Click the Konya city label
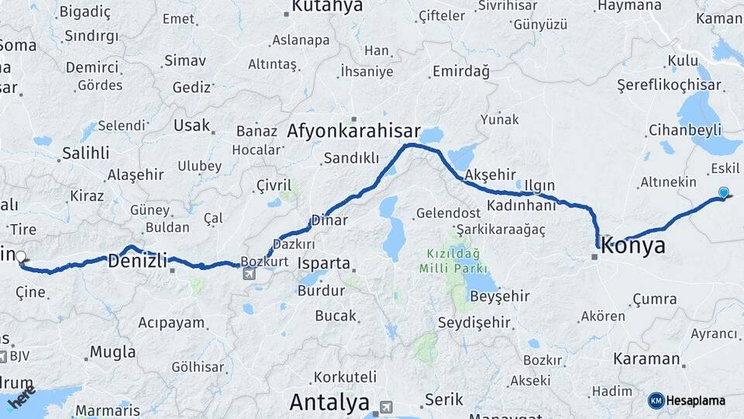633,246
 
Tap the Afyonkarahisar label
353,131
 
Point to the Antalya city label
329,402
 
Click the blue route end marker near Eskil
724,192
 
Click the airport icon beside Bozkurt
248,273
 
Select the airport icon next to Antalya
386,407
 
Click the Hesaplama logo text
696,400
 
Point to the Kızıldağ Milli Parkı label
452,261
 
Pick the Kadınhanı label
522,206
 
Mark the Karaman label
646,359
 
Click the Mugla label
112,351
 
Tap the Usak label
191,125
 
